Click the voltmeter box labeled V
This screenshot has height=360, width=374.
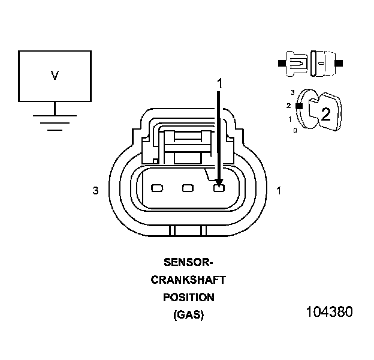(x=55, y=76)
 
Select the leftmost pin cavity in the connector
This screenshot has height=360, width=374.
(x=157, y=188)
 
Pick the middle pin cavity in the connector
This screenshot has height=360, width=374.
(x=188, y=188)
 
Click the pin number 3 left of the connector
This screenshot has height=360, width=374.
(x=95, y=191)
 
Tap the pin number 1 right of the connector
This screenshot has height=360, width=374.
(x=279, y=191)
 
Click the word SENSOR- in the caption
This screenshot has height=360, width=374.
(x=188, y=262)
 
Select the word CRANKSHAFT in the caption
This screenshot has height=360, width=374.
(x=188, y=280)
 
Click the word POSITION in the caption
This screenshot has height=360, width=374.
(x=188, y=298)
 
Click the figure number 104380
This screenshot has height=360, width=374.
(x=329, y=313)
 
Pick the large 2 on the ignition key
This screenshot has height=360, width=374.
(x=325, y=114)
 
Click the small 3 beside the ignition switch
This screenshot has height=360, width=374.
(x=292, y=93)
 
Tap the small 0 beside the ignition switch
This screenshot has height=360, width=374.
(x=295, y=130)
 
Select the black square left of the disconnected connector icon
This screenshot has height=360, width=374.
(x=281, y=62)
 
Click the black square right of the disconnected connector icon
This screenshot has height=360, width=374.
(x=339, y=62)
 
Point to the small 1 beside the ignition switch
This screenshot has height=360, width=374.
(x=290, y=119)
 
